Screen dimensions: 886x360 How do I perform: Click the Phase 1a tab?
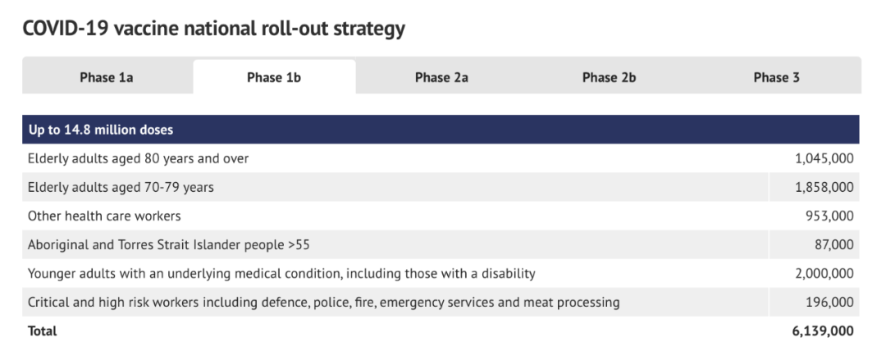(x=107, y=77)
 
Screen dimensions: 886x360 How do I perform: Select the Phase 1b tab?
(x=274, y=77)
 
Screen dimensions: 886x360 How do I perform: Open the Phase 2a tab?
(x=441, y=77)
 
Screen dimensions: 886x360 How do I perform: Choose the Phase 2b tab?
(x=609, y=77)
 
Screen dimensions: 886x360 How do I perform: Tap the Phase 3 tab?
(x=776, y=77)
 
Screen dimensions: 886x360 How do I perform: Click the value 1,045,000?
(x=824, y=159)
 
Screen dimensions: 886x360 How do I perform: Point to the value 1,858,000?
(x=824, y=187)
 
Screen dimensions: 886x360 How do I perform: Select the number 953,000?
(x=829, y=216)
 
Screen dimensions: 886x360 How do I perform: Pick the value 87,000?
(x=835, y=244)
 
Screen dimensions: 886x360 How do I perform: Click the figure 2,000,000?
(x=824, y=274)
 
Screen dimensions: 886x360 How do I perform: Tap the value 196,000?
(x=829, y=303)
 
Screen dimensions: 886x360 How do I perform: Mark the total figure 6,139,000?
(x=824, y=331)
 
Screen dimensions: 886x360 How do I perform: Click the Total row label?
(x=43, y=330)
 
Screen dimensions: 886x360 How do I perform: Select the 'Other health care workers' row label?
(x=104, y=216)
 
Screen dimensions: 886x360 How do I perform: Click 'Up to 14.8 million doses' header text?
(x=101, y=130)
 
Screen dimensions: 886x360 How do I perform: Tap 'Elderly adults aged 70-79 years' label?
(x=121, y=187)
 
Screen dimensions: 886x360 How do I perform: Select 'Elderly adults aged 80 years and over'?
(x=138, y=159)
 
